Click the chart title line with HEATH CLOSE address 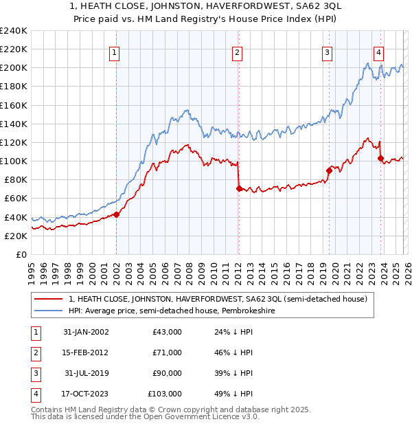point(205,6)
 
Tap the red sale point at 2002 point(116,214)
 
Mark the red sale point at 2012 point(238,188)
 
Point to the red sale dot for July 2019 point(329,171)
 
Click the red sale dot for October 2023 point(380,159)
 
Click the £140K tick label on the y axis point(14,124)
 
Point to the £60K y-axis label point(15,199)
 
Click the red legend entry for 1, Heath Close point(219,299)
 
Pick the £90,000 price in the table point(167,373)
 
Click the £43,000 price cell point(167,332)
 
